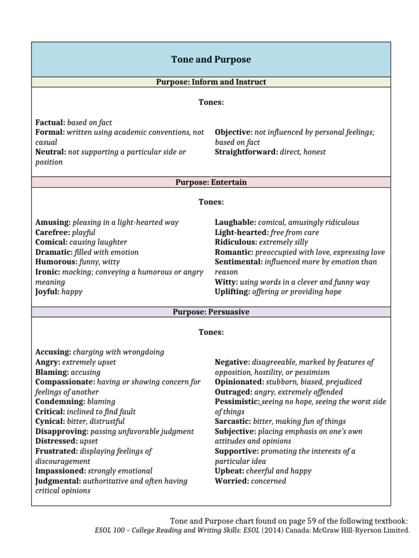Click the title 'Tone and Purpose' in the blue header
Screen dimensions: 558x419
[x=211, y=59]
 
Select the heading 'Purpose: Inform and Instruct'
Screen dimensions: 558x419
[x=211, y=82]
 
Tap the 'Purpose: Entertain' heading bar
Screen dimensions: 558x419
[x=211, y=182]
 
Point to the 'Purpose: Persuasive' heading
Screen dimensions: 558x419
[x=211, y=312]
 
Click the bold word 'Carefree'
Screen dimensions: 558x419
[x=52, y=232]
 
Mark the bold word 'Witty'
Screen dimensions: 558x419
[x=226, y=282]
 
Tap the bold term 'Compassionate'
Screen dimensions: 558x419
[x=62, y=382]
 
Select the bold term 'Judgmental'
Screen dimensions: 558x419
[x=57, y=481]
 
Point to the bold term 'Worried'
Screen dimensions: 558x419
[x=231, y=481]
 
